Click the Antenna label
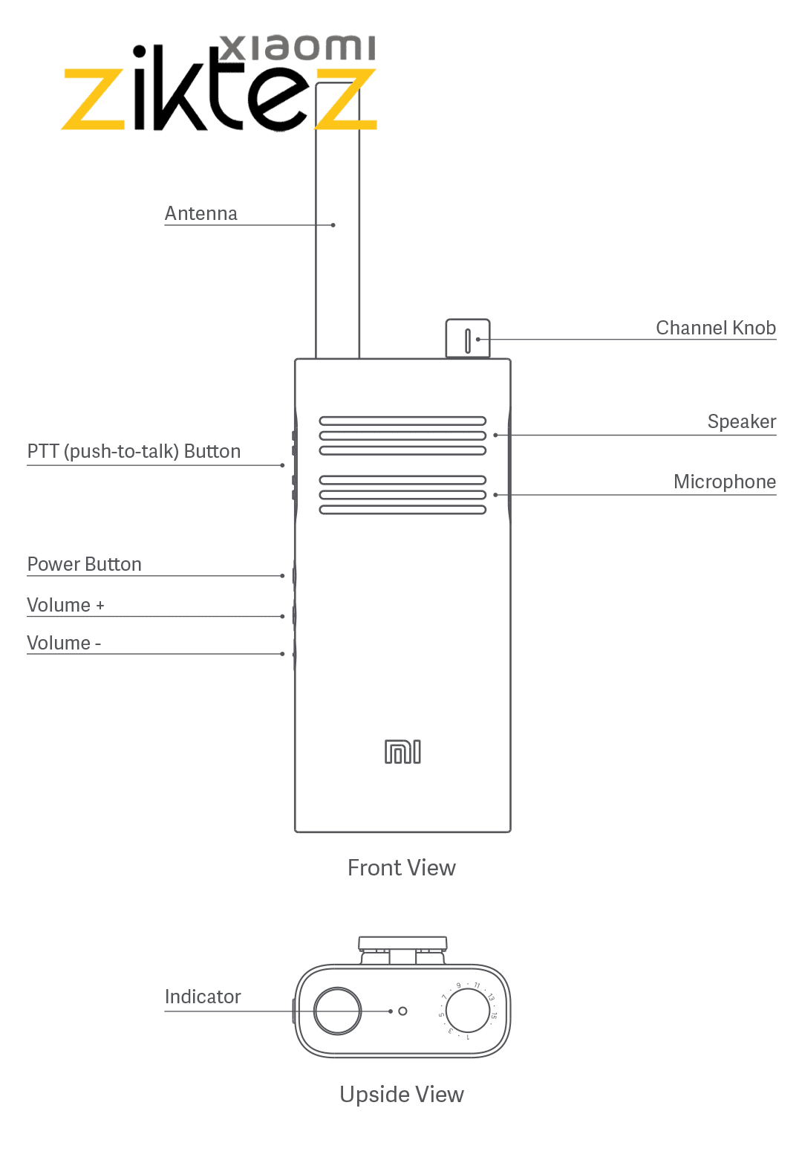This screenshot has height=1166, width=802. (x=200, y=214)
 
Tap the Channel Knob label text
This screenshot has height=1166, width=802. (x=716, y=328)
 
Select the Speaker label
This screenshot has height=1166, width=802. (x=741, y=422)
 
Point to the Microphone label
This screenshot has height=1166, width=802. (x=725, y=482)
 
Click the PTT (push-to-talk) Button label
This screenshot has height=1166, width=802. (x=134, y=452)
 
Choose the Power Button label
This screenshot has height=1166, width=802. (x=84, y=565)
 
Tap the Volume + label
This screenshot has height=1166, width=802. (x=65, y=606)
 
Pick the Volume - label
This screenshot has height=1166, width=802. (x=64, y=644)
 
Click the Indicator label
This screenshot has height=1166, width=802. (x=203, y=997)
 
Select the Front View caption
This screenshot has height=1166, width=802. (x=401, y=868)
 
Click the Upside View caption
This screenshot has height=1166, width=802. (x=402, y=1095)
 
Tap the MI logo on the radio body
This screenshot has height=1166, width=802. (x=402, y=752)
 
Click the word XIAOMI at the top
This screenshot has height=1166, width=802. (x=299, y=48)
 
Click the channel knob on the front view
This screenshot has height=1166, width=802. (x=468, y=340)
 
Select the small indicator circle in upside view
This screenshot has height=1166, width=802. (x=402, y=1011)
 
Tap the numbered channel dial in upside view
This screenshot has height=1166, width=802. (x=467, y=1011)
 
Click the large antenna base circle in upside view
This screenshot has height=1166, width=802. (x=338, y=1011)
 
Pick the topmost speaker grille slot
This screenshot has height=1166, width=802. (x=402, y=421)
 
